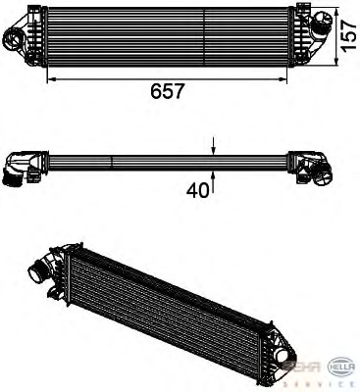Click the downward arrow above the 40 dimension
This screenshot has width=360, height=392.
click(x=214, y=149)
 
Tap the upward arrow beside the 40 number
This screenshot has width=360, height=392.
click(x=214, y=176)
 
